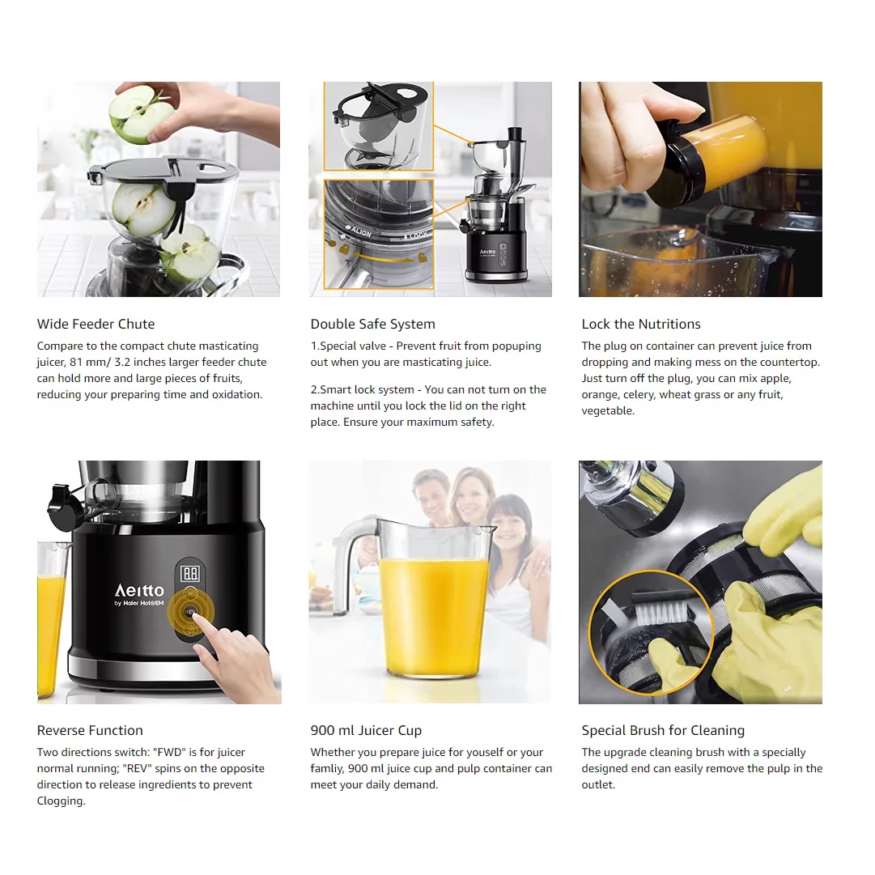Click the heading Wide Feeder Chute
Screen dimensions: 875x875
pos(96,325)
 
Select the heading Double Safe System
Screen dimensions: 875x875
pos(373,325)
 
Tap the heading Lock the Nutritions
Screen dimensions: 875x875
pos(640,325)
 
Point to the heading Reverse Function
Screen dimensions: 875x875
pos(90,730)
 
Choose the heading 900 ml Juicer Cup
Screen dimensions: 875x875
pos(366,730)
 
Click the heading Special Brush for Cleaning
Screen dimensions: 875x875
pos(663,730)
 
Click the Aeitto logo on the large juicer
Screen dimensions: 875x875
pos(139,590)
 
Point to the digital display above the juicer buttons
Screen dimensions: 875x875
pos(190,574)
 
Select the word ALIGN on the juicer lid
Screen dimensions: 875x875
pos(360,231)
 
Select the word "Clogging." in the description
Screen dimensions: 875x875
pos(62,801)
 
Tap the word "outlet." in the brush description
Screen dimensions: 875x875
pos(598,784)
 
